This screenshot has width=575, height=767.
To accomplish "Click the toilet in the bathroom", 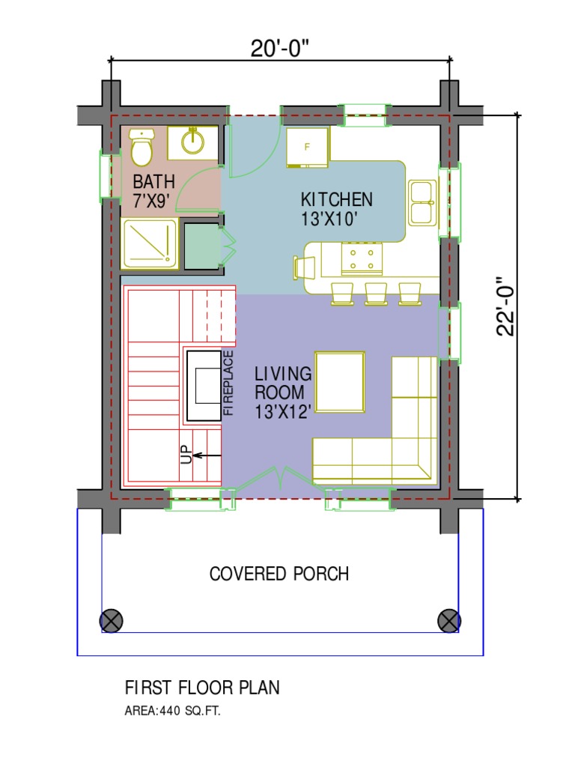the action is pyautogui.click(x=142, y=147).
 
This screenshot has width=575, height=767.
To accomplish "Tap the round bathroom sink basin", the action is pyautogui.click(x=192, y=142).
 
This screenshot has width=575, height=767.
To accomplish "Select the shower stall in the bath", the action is pyautogui.click(x=149, y=243).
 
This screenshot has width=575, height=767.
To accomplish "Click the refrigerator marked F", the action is pyautogui.click(x=308, y=148).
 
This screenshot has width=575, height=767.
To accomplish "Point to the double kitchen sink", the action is pyautogui.click(x=422, y=203).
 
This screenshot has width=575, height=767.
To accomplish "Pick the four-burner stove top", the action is pyautogui.click(x=362, y=258).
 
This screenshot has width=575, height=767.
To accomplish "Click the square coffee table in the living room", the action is pyautogui.click(x=340, y=382).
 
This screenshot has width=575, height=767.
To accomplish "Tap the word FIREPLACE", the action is pyautogui.click(x=228, y=383).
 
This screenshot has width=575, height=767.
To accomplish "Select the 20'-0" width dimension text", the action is pyautogui.click(x=280, y=49).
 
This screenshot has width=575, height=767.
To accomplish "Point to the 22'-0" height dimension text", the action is pyautogui.click(x=505, y=306).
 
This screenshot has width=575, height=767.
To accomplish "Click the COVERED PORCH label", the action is pyautogui.click(x=279, y=574).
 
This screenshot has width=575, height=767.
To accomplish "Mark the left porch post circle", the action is pyautogui.click(x=112, y=621).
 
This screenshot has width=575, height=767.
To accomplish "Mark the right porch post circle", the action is pyautogui.click(x=449, y=621).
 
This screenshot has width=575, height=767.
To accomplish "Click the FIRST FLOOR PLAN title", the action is pyautogui.click(x=202, y=688).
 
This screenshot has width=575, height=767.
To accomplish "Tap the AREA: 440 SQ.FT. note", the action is pyautogui.click(x=173, y=711).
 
